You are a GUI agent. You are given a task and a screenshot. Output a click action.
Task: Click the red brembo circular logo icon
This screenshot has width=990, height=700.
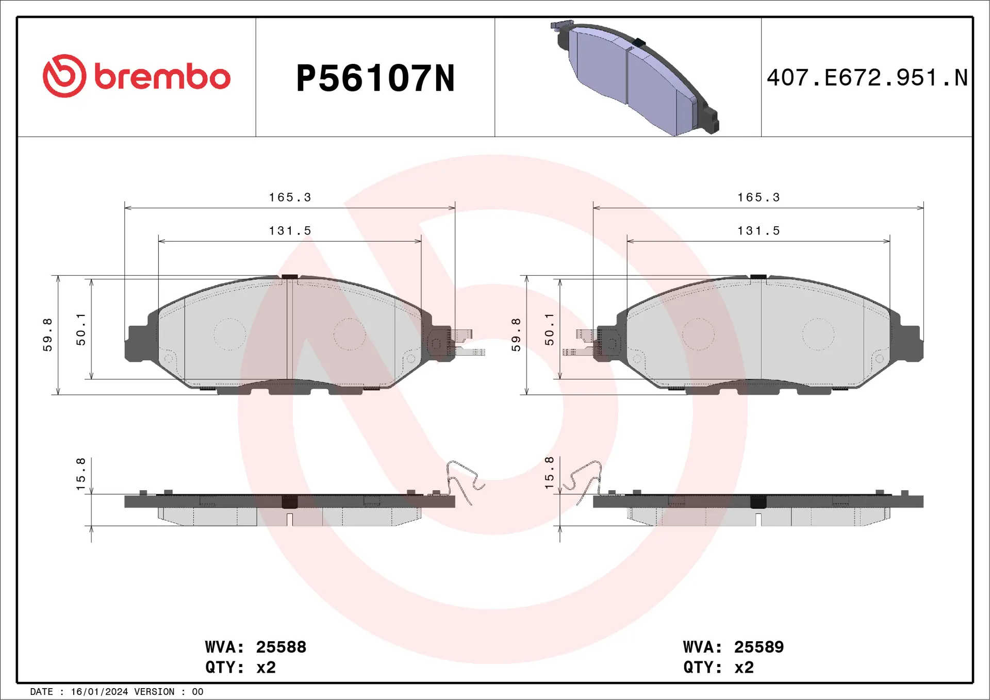click(x=64, y=76)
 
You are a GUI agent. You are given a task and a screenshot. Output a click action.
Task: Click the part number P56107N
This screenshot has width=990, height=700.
click(x=375, y=78)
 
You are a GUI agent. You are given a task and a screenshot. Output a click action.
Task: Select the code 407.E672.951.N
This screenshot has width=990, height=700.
click(x=867, y=78)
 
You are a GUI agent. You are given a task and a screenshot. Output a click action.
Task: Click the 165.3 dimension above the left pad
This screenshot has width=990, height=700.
click(x=290, y=197)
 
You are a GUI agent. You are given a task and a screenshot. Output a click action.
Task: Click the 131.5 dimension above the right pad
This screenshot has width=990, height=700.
click(x=758, y=231)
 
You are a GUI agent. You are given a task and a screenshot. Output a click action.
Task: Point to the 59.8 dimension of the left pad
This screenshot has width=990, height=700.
click(x=47, y=335)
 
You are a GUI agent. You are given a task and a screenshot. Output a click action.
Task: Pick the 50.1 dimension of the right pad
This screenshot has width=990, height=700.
click(x=549, y=329)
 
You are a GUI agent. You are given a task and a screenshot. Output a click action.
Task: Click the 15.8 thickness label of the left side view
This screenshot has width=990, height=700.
click(x=80, y=474)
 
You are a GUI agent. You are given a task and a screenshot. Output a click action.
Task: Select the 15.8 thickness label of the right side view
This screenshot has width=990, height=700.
click(x=549, y=473)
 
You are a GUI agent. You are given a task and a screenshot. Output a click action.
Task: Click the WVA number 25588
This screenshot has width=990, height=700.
click(x=281, y=647)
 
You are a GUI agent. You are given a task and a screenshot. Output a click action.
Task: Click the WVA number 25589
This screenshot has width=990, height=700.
click(x=758, y=647)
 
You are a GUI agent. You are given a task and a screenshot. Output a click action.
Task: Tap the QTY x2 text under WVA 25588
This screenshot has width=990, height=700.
click(x=240, y=668)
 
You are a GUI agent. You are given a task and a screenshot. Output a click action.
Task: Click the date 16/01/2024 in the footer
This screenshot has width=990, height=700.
click(x=99, y=692)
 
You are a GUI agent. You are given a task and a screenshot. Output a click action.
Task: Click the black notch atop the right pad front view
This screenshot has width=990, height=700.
click(x=758, y=277)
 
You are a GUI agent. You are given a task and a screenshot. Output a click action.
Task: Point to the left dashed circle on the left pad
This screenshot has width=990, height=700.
click(x=229, y=334)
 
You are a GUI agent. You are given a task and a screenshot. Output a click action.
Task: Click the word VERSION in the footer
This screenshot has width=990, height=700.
click(x=154, y=692)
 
